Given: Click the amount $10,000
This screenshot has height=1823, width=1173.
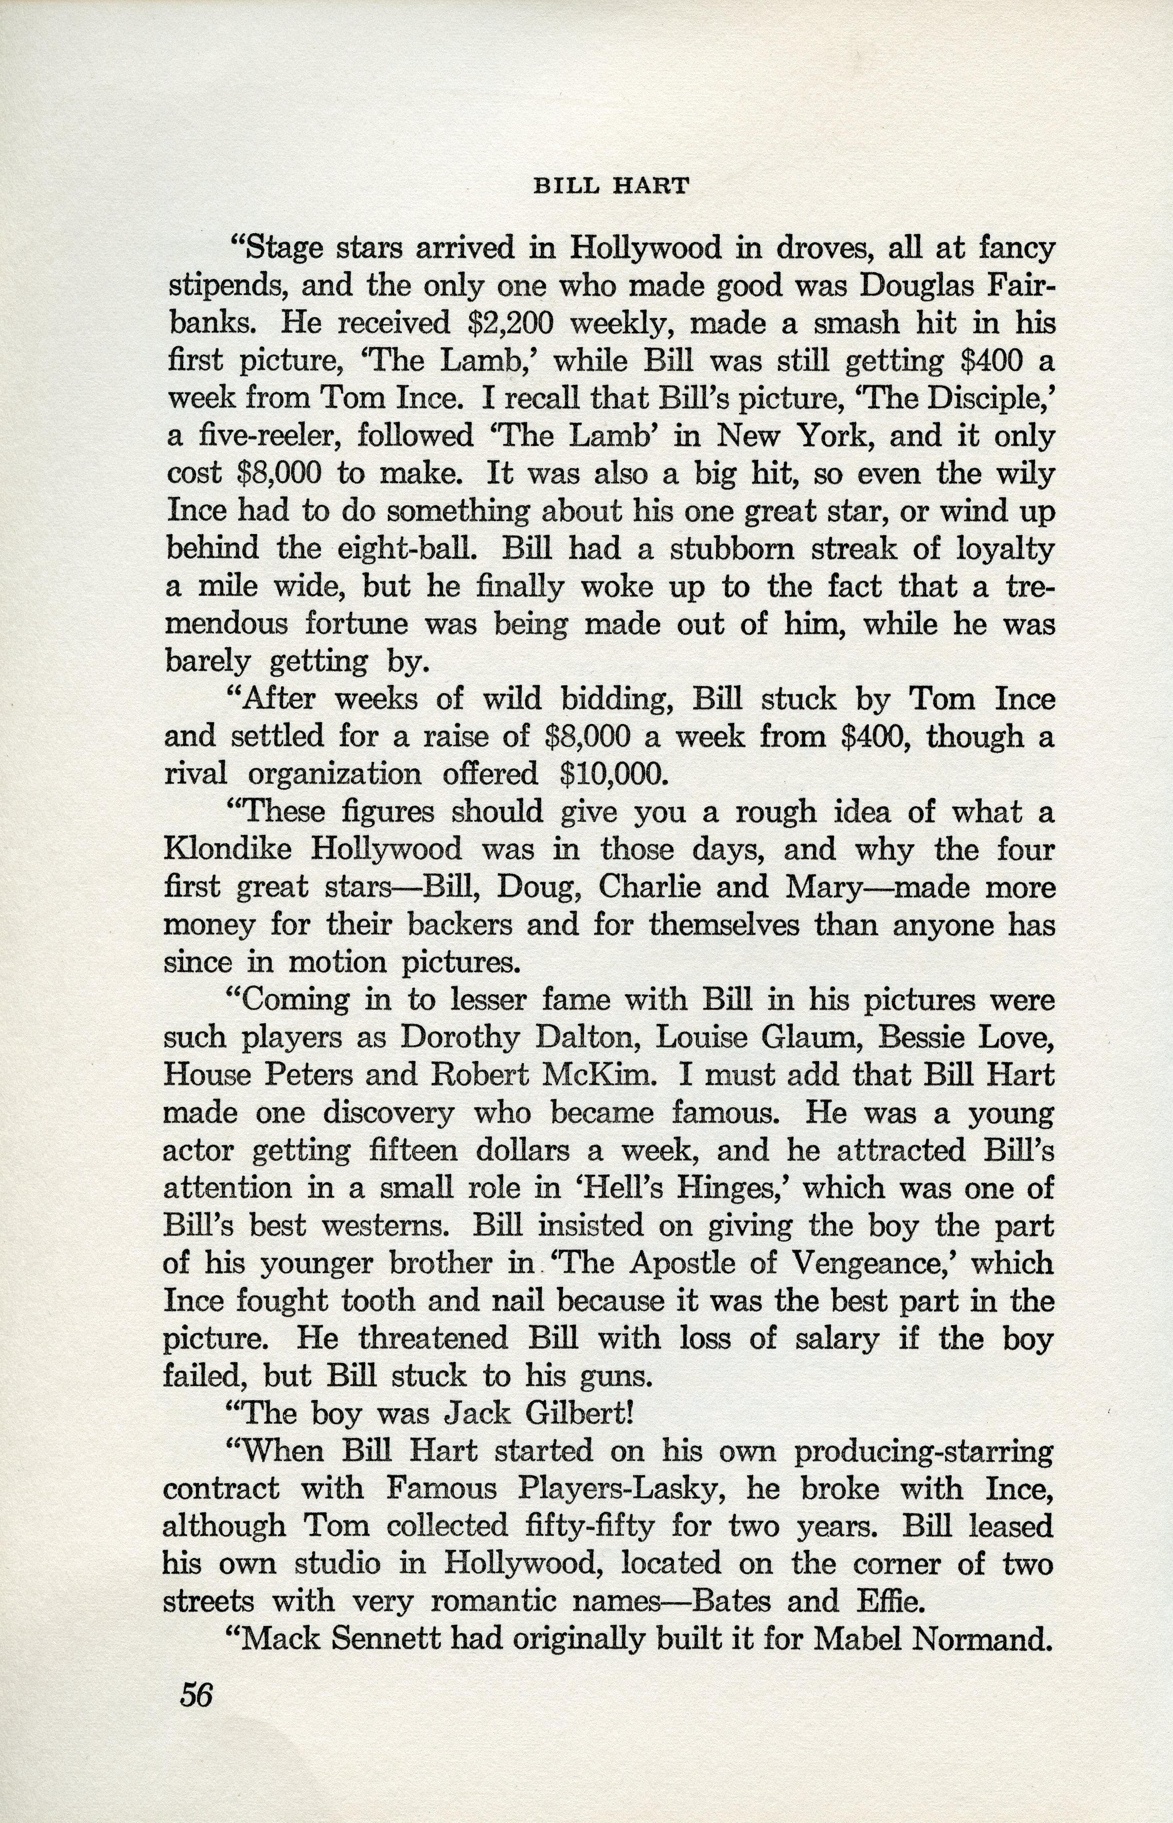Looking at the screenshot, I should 613,774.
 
